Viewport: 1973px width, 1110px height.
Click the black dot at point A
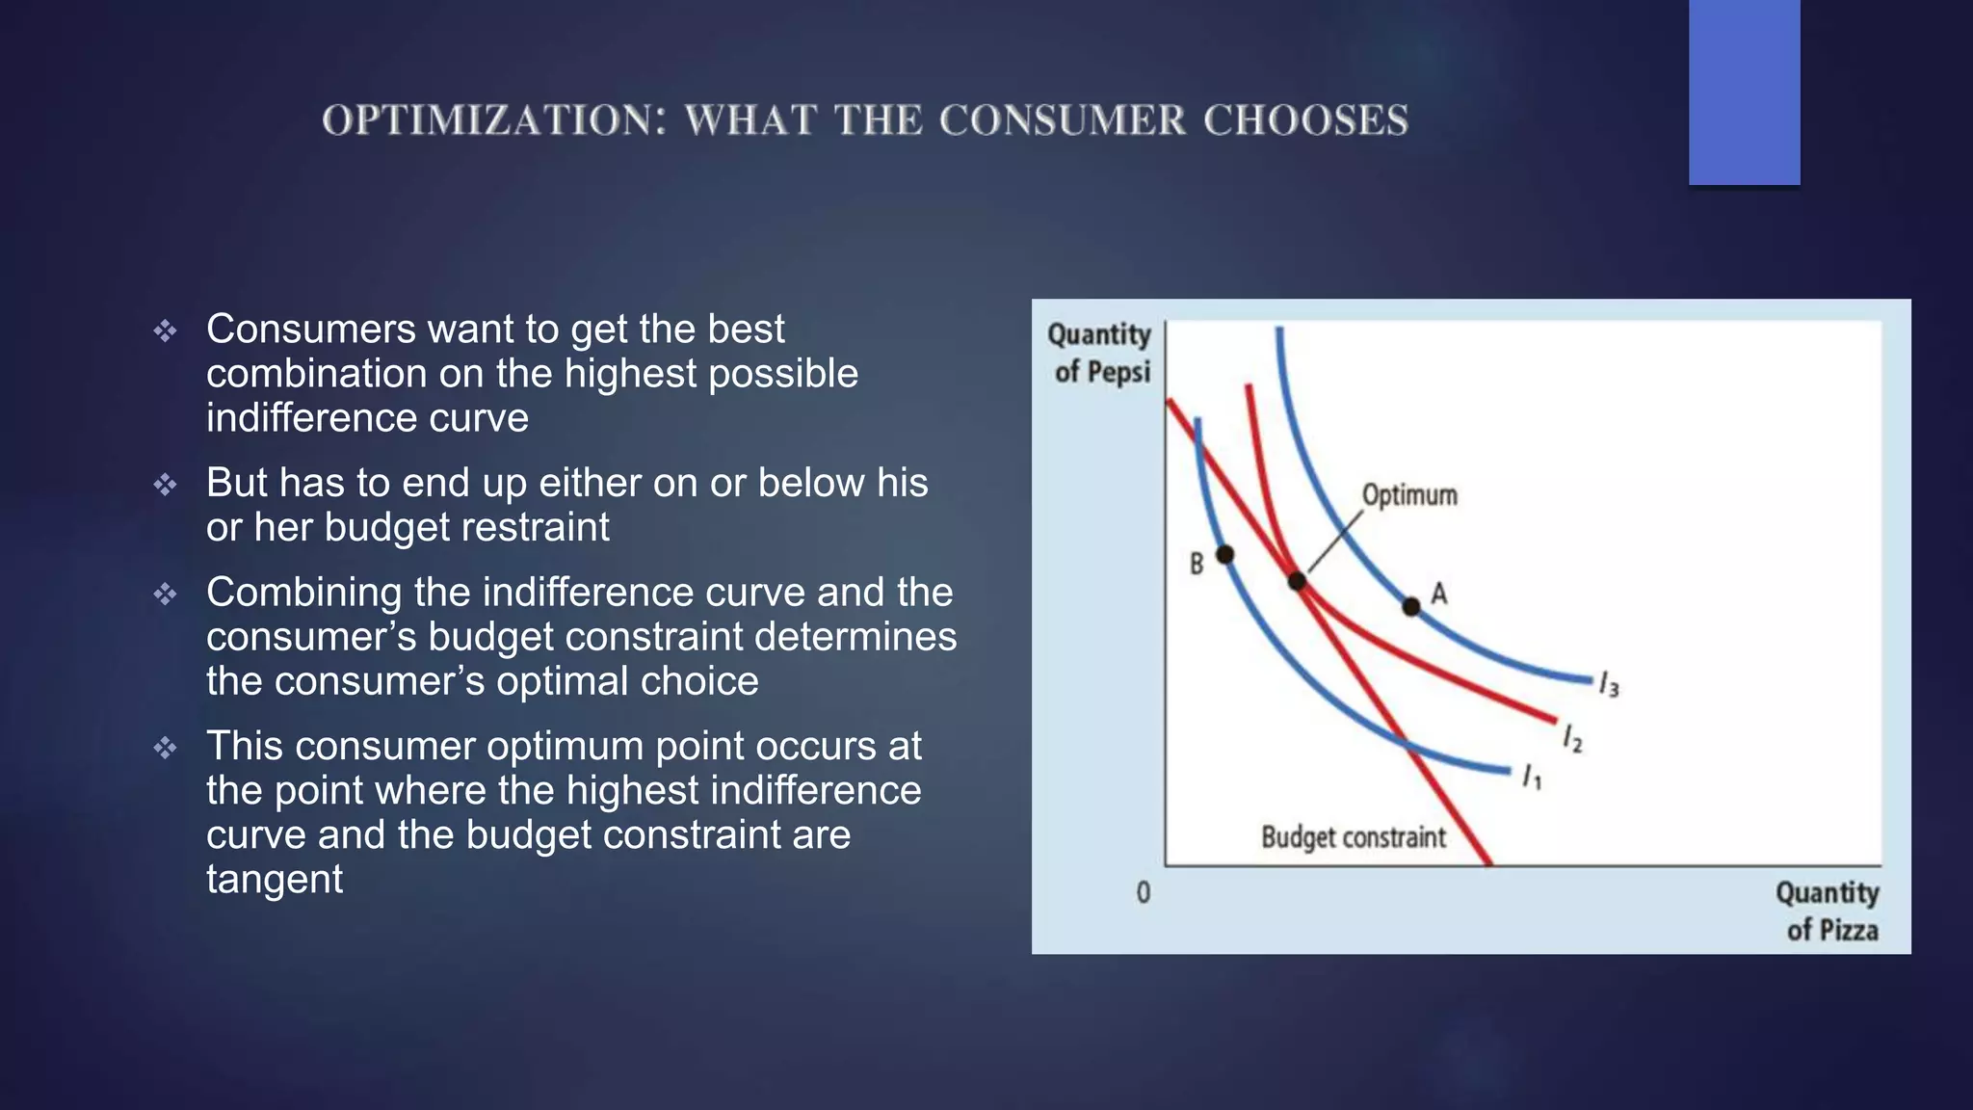click(1410, 606)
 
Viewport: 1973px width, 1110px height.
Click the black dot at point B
click(1224, 554)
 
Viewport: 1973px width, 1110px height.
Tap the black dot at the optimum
click(1297, 581)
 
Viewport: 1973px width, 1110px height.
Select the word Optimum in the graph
click(1408, 495)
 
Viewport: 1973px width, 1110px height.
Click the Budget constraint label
click(1353, 836)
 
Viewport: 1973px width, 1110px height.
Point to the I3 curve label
click(1609, 684)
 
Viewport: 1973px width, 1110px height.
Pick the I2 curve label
click(1572, 738)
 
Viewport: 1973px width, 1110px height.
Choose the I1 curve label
click(1532, 776)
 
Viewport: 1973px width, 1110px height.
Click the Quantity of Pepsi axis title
click(1100, 353)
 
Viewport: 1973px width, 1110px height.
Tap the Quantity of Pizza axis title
click(1828, 911)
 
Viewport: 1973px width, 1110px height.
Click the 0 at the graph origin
click(1144, 892)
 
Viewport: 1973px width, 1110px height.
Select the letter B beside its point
click(1197, 564)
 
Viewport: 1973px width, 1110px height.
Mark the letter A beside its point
click(1438, 593)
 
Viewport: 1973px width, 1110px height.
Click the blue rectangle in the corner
click(1744, 92)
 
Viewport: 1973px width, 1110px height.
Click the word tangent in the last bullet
click(275, 879)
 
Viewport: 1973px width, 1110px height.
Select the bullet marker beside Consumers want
click(165, 330)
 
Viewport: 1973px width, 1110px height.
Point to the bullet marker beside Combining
click(165, 594)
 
